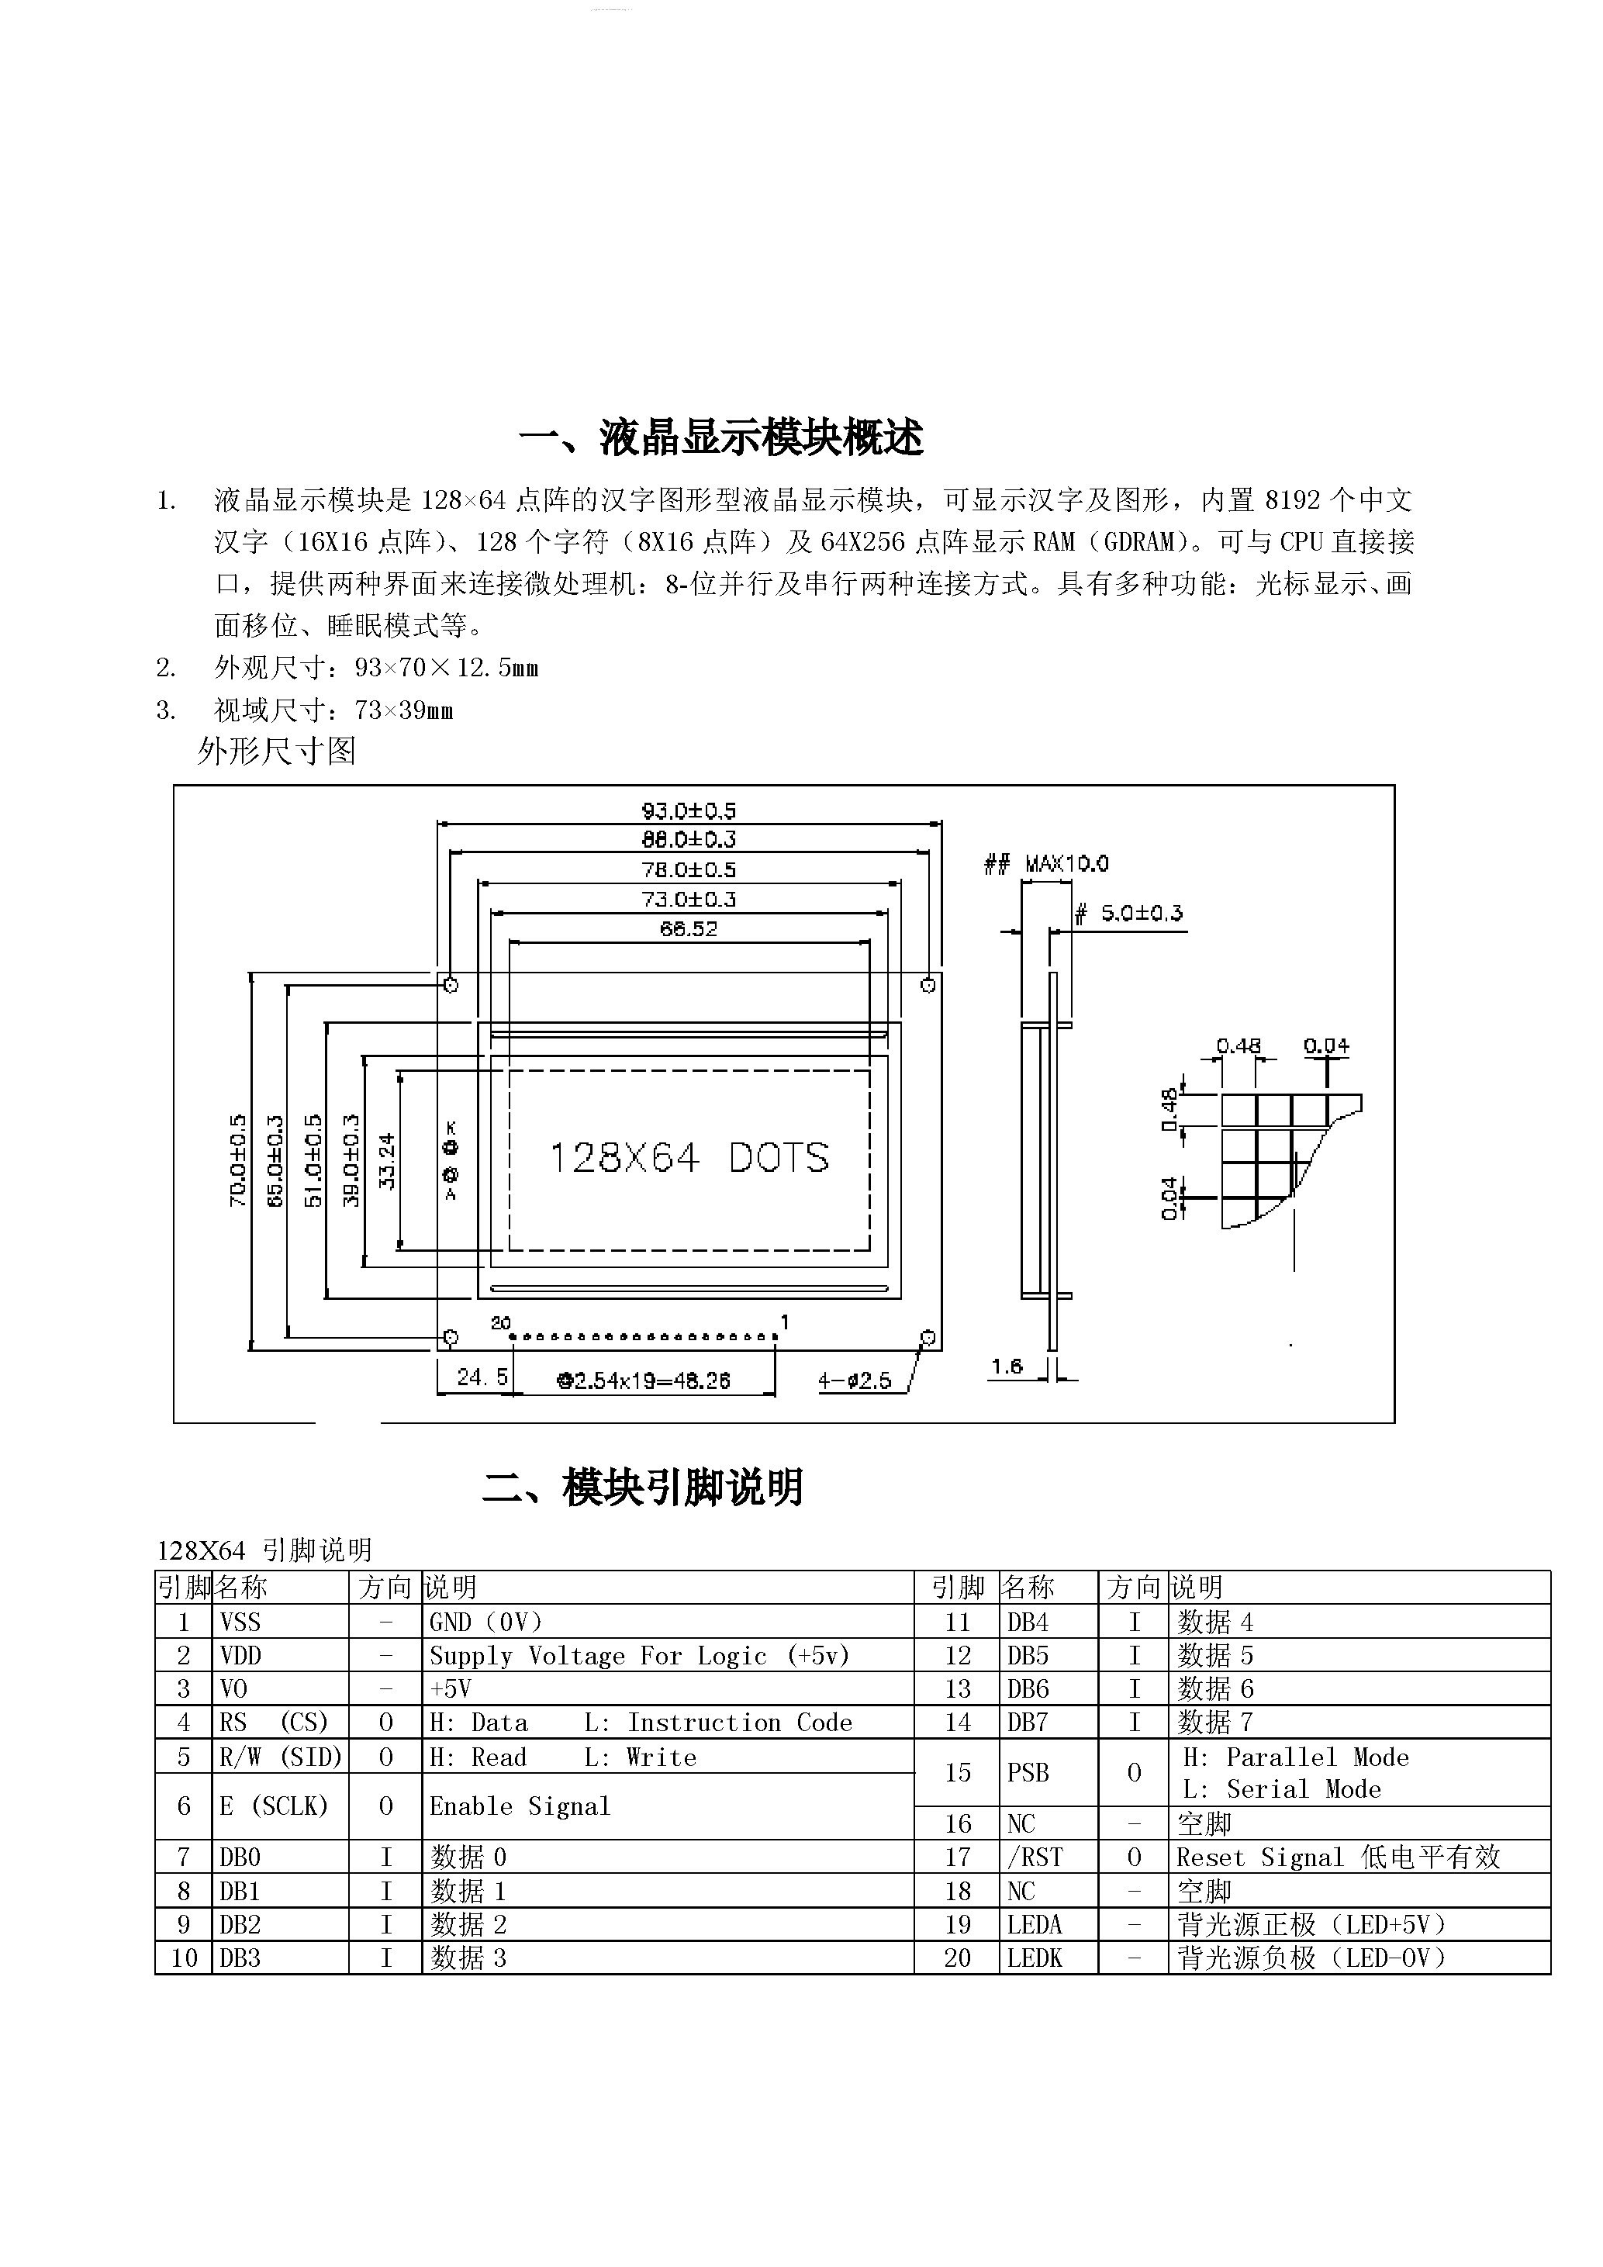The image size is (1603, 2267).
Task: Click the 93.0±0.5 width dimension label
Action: pyautogui.click(x=688, y=810)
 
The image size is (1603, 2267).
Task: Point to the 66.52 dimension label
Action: pyautogui.click(x=688, y=928)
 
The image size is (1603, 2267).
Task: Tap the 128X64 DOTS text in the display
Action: pyautogui.click(x=688, y=1157)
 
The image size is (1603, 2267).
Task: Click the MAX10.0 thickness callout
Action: pyautogui.click(x=1066, y=864)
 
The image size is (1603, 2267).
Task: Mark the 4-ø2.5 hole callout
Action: pyautogui.click(x=855, y=1381)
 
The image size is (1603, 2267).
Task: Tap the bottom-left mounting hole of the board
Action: pyautogui.click(x=450, y=1338)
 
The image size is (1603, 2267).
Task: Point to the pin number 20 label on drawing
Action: pyautogui.click(x=500, y=1322)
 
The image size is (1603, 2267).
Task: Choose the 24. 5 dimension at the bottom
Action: pyautogui.click(x=482, y=1377)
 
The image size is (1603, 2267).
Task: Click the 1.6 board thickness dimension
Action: pyautogui.click(x=1007, y=1367)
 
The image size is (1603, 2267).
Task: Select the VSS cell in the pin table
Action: pyautogui.click(x=241, y=1622)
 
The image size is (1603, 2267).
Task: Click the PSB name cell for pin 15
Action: pyautogui.click(x=1028, y=1773)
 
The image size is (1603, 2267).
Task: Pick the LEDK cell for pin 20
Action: pyautogui.click(x=1035, y=1958)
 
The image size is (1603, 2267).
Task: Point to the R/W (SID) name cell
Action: pyautogui.click(x=280, y=1757)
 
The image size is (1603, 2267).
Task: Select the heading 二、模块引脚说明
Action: pyautogui.click(x=643, y=1488)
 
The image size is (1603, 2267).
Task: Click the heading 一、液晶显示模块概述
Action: pyautogui.click(x=720, y=437)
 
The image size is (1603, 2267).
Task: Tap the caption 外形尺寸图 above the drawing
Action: pyautogui.click(x=276, y=752)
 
